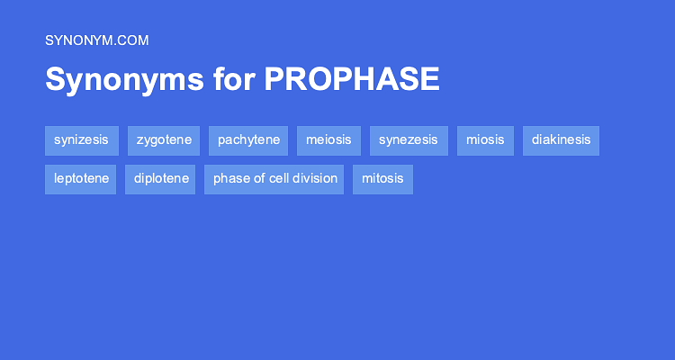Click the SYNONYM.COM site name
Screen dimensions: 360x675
point(96,40)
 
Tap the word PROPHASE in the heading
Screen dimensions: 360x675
point(352,80)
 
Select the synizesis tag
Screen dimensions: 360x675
point(81,140)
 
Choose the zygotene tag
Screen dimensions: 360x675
point(164,140)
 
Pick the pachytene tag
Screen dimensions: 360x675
point(248,140)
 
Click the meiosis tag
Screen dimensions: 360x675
point(328,140)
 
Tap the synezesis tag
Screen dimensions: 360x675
point(409,140)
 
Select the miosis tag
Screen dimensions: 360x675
point(485,140)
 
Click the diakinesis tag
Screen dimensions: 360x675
point(561,140)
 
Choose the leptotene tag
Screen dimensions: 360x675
point(81,179)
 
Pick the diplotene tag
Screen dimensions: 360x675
point(160,179)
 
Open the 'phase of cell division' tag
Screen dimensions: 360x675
point(274,179)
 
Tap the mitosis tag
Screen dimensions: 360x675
point(382,179)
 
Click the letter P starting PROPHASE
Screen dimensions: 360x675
point(274,80)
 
